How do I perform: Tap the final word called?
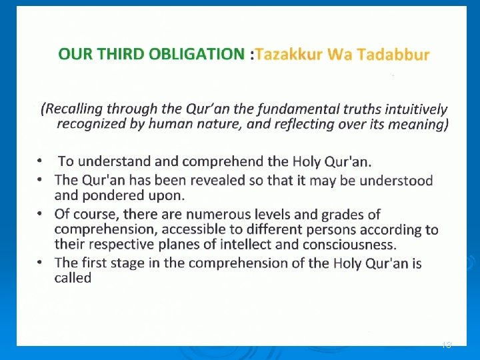pyautogui.click(x=73, y=278)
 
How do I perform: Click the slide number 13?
pyautogui.click(x=447, y=345)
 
